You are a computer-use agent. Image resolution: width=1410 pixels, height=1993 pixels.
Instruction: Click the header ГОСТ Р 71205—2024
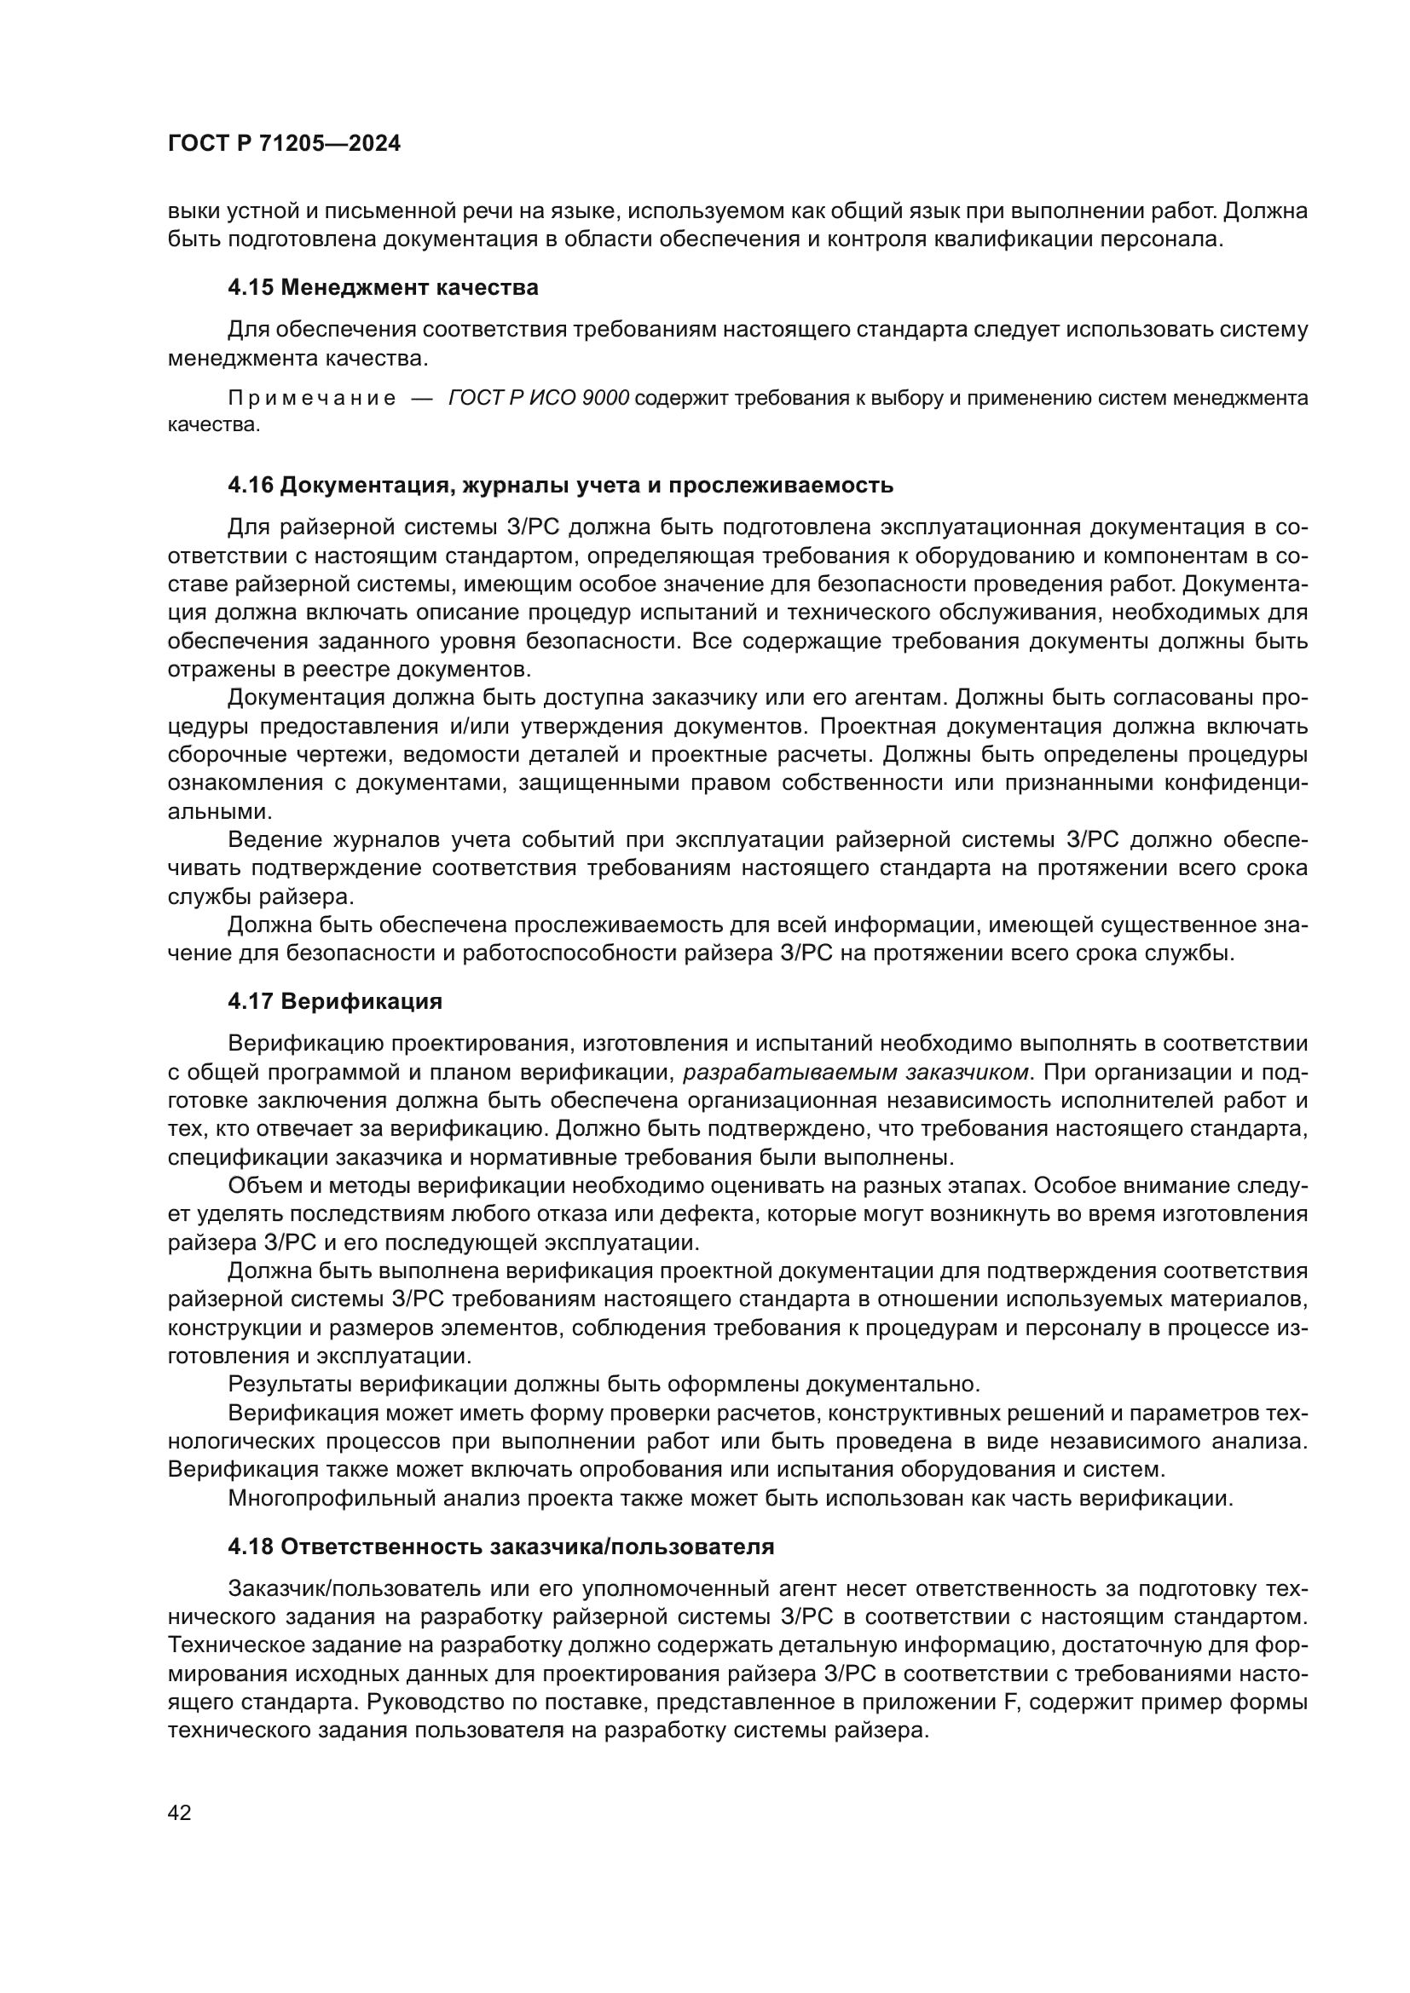click(284, 144)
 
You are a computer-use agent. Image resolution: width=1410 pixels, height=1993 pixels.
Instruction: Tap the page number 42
click(180, 1812)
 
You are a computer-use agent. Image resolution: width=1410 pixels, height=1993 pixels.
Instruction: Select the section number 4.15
click(250, 287)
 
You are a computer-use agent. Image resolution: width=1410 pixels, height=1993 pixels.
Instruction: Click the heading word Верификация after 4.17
click(361, 1002)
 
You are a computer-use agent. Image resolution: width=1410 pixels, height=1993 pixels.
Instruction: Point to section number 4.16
click(250, 485)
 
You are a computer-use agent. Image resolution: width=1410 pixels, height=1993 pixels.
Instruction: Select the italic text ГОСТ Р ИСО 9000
click(538, 399)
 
